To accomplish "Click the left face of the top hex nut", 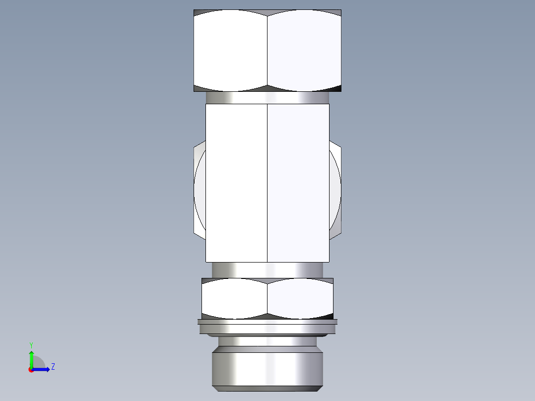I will point(230,50).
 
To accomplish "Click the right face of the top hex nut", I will point(304,50).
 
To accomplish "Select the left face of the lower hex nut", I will point(234,298).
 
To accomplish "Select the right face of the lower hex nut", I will point(300,298).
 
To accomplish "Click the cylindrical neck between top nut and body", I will point(267,98).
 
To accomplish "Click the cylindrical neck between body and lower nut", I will point(267,270).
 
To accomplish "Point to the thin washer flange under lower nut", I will point(267,322).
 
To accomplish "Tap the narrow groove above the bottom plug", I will point(267,341).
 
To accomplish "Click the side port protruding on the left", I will point(200,189).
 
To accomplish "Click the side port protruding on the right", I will point(335,189).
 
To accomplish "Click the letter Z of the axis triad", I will point(53,367).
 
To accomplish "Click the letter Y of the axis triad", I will point(31,344).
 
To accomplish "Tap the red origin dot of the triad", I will point(31,370).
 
